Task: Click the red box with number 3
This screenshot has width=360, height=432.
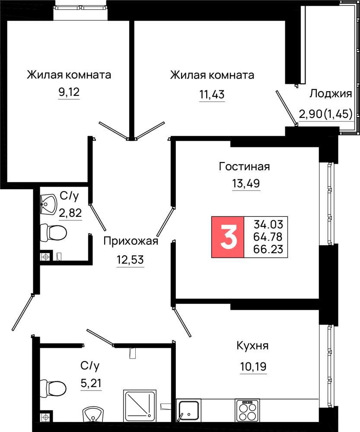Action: pos(228,237)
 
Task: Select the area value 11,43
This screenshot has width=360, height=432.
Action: pos(212,95)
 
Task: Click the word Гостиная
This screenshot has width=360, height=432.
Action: pos(244,166)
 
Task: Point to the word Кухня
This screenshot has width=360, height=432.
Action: pos(252,346)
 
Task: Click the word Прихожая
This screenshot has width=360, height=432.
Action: pos(131,241)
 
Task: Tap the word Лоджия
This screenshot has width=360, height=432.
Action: pos(331,94)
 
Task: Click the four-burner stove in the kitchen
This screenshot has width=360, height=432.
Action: pos(247,410)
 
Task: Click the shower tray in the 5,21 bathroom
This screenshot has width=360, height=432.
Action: pos(140,405)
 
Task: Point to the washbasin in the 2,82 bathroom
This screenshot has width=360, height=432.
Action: pos(48,204)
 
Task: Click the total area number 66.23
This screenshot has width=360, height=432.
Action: pos(268,249)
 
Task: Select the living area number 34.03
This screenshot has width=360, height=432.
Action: pos(268,224)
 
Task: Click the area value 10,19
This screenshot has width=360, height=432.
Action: pos(253,367)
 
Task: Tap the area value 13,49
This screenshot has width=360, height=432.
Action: pos(246,183)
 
